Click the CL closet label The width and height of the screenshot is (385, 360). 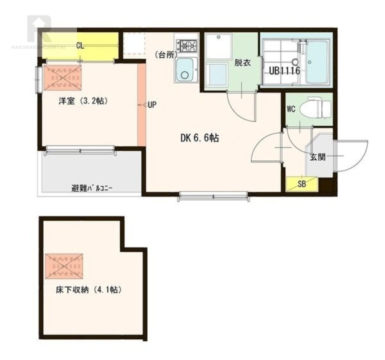coord(80,45)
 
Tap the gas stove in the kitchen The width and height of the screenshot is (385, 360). coord(187,46)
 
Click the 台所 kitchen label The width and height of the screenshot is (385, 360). coord(166,55)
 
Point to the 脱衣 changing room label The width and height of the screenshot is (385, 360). coord(243,63)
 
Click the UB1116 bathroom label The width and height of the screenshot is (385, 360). coord(284,71)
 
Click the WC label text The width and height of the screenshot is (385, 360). coord(291,109)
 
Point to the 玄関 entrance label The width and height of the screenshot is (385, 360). coord(318,157)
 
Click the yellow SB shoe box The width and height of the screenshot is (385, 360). coord(302,184)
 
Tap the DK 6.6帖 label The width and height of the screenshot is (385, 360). coord(200,138)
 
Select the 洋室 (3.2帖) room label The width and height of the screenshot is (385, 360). coord(83,101)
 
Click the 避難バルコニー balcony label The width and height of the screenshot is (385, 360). coord(92,189)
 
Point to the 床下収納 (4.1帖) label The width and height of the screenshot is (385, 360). coord(89,290)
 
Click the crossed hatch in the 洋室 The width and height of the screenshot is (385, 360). coord(63,78)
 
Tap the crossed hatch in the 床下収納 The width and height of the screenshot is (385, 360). coord(64,266)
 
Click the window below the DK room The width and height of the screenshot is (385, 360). coord(214,196)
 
